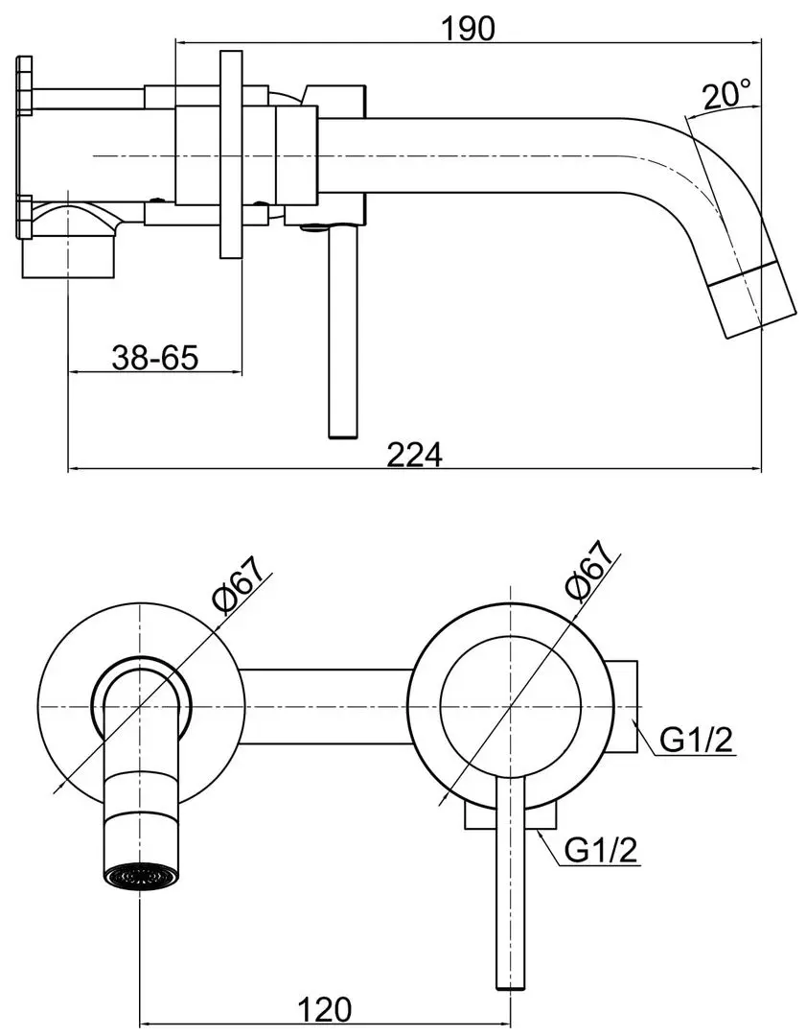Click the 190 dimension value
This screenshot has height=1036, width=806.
[x=467, y=29]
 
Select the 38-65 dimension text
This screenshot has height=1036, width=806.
[x=155, y=358]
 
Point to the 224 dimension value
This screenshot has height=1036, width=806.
[x=415, y=455]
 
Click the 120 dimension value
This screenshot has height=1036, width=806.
[x=325, y=1009]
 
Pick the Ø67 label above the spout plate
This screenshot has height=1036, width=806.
[x=242, y=580]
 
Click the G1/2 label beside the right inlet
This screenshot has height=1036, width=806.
[x=697, y=740]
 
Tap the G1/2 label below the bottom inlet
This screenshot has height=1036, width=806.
[x=602, y=850]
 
